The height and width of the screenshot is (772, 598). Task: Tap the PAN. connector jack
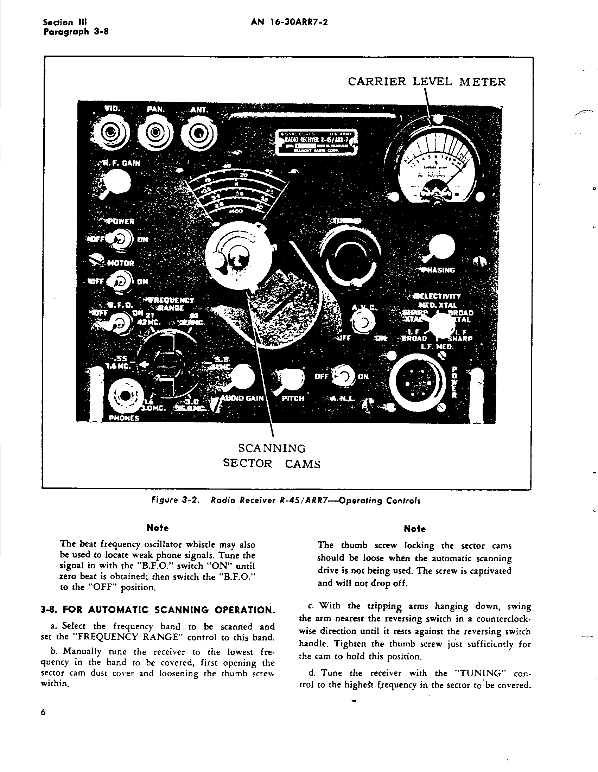[154, 133]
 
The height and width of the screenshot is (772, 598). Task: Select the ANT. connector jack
[199, 134]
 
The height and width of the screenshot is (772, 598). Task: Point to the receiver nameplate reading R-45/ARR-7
[317, 142]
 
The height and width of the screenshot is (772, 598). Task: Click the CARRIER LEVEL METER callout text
[427, 82]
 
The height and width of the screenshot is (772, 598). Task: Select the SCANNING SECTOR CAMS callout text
[272, 456]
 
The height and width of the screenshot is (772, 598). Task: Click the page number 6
[44, 713]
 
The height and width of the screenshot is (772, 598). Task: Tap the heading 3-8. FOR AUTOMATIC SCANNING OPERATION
[158, 611]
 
